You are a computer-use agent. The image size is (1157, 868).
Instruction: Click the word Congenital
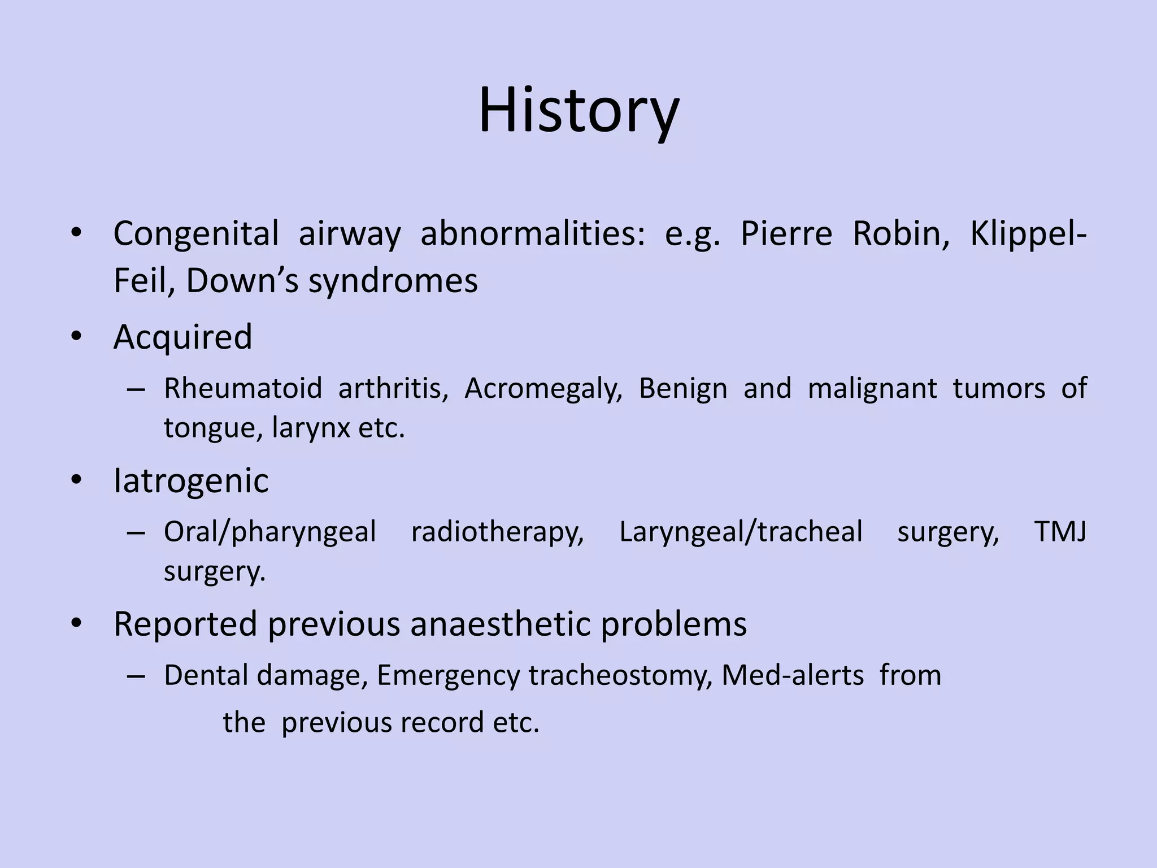[196, 234]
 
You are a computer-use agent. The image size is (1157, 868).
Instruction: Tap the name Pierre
[786, 234]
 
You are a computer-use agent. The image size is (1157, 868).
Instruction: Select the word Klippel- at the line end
[1028, 234]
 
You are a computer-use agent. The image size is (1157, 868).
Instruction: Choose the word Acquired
[182, 337]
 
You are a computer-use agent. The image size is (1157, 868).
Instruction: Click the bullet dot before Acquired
[77, 337]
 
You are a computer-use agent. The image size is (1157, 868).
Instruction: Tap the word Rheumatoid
[243, 389]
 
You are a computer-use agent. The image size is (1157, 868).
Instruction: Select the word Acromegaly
[543, 389]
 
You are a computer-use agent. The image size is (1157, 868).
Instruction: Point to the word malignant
[872, 389]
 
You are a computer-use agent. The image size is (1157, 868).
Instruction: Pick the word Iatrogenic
[191, 481]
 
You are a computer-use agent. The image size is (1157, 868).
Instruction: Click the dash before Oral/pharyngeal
[136, 533]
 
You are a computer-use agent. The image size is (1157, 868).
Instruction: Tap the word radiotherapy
[497, 533]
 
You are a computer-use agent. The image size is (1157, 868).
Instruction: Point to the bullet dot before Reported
[77, 624]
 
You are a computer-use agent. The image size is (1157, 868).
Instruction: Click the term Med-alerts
[792, 675]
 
